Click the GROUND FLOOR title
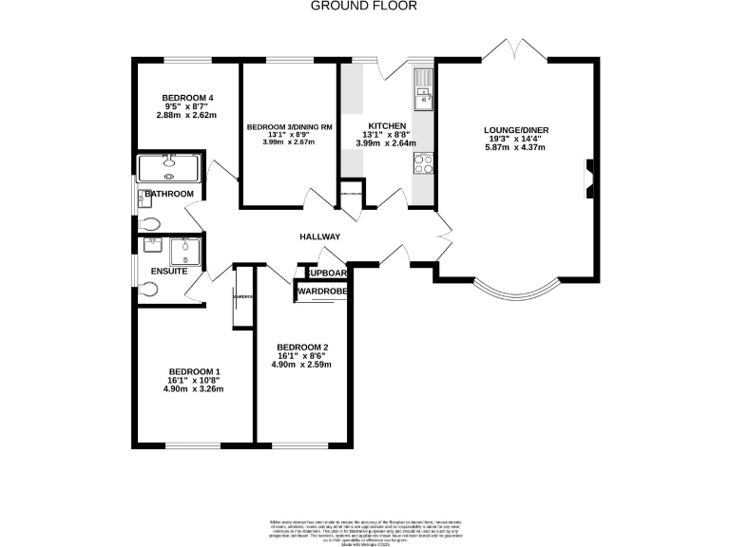pyautogui.click(x=364, y=6)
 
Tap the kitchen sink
pyautogui.click(x=422, y=90)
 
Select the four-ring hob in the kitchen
pyautogui.click(x=423, y=164)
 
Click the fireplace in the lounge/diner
pyautogui.click(x=589, y=179)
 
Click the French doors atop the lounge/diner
pyautogui.click(x=515, y=49)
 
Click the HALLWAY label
pyautogui.click(x=320, y=236)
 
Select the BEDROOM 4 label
pyautogui.click(x=186, y=98)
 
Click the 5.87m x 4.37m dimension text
pyautogui.click(x=516, y=148)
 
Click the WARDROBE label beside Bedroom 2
pyautogui.click(x=321, y=291)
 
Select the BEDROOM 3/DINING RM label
pyautogui.click(x=289, y=127)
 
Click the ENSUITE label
pyautogui.click(x=168, y=273)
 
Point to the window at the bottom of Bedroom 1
pyautogui.click(x=194, y=444)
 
